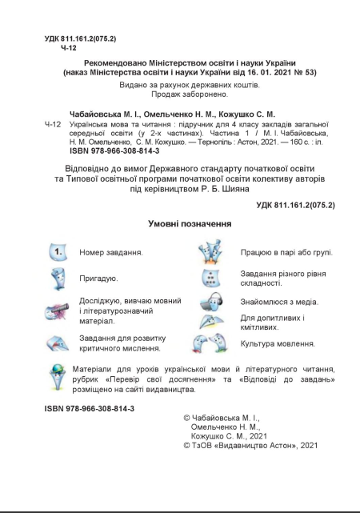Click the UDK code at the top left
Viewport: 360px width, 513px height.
pos(79,38)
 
